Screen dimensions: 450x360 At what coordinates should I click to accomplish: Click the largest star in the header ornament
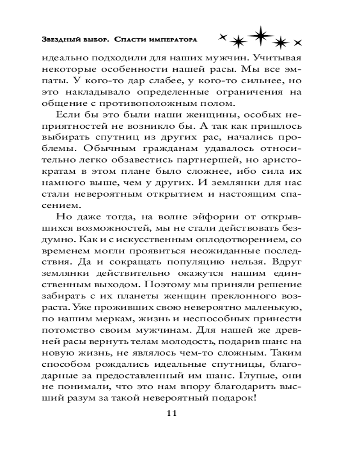[258, 36]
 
